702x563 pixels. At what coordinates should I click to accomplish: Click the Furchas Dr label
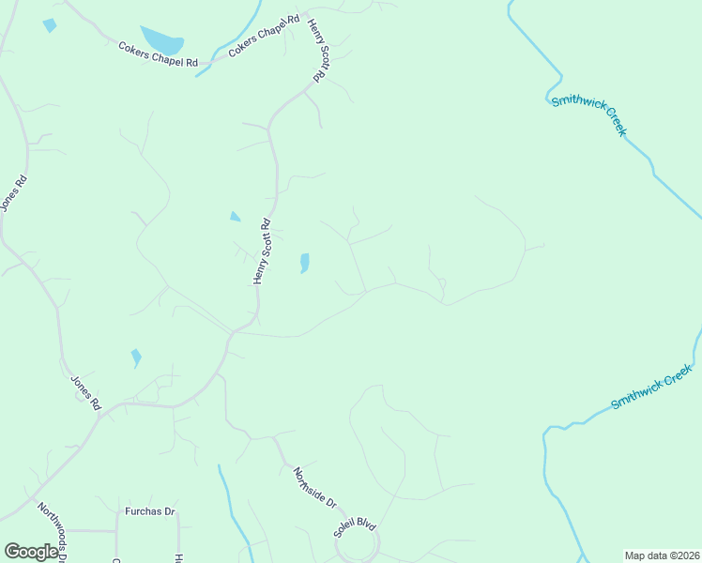(150, 511)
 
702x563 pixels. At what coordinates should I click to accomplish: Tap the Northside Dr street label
(314, 488)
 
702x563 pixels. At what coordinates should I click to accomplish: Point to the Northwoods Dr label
(52, 530)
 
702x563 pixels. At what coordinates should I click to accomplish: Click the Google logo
(31, 552)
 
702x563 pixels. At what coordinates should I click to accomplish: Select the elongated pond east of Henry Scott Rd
(304, 263)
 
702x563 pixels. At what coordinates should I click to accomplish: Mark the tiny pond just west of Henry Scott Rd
(235, 217)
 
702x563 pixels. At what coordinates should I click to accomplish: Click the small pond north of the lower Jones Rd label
(136, 358)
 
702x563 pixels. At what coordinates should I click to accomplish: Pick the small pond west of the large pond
(50, 25)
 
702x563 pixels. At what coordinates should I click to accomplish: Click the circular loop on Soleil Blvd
(361, 544)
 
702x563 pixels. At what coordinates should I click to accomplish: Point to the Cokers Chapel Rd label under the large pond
(159, 55)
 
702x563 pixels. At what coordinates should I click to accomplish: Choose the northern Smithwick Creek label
(588, 114)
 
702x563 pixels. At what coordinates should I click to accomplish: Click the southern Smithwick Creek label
(651, 388)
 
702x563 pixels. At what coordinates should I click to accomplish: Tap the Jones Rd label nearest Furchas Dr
(85, 391)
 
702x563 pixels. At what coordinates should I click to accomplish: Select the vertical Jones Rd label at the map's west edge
(13, 192)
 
